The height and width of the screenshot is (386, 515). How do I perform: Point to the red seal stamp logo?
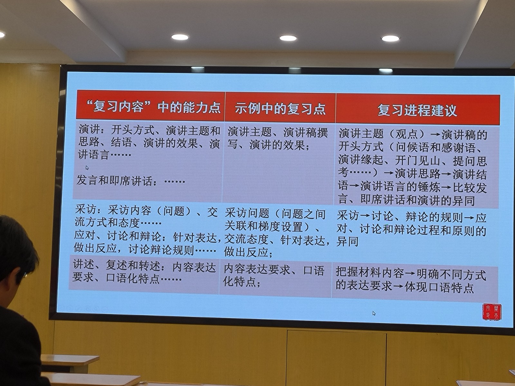492,311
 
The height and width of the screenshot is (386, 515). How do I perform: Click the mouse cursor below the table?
374,313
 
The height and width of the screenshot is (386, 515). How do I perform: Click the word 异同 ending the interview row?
347,241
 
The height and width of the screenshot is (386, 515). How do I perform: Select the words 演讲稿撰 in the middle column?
305,133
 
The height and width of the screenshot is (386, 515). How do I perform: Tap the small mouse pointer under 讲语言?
87,168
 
